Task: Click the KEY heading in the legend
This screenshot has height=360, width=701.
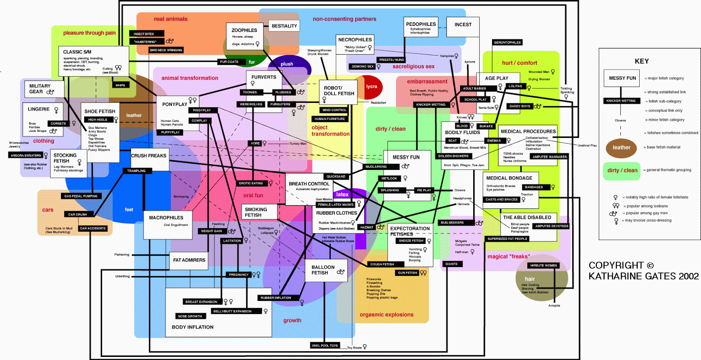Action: [641, 61]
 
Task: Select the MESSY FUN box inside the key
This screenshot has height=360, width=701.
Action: [622, 78]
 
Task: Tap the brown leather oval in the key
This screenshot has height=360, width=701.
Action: [621, 148]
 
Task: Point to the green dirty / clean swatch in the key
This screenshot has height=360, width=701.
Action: [622, 170]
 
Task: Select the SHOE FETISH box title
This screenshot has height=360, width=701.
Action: [100, 111]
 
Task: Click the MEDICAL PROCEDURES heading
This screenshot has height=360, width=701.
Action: [528, 131]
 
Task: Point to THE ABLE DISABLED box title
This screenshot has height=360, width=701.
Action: [527, 217]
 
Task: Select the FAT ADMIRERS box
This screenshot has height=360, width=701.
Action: [189, 260]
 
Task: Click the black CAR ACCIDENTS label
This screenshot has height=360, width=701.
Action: [93, 228]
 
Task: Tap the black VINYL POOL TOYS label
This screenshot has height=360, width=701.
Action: [325, 346]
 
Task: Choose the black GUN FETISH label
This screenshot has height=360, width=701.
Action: [407, 273]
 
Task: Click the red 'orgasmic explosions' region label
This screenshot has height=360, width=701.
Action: [386, 314]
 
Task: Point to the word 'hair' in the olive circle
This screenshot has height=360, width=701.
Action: [530, 279]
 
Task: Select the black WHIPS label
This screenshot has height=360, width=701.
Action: [120, 85]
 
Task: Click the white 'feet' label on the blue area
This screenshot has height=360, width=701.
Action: [129, 210]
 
